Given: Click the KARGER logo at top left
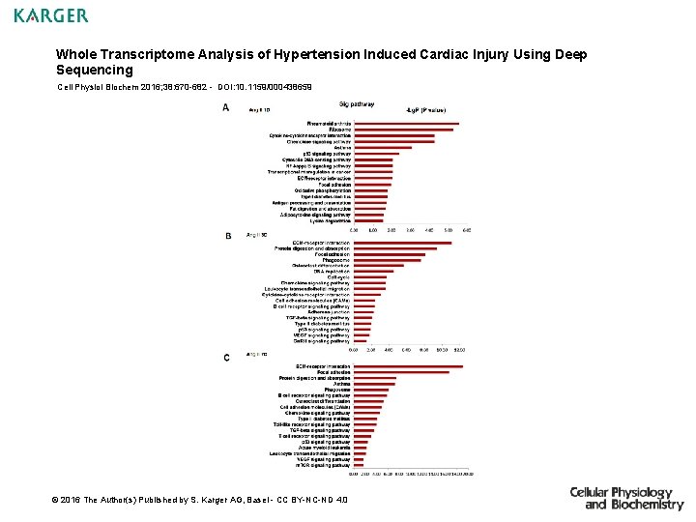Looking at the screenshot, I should pyautogui.click(x=50, y=15).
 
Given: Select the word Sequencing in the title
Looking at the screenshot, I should pyautogui.click(x=95, y=71).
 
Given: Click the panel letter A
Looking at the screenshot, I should pyautogui.click(x=226, y=108).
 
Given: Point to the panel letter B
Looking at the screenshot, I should pyautogui.click(x=228, y=236).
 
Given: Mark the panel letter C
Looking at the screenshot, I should pyautogui.click(x=226, y=359).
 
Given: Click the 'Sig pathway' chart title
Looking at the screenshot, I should pyautogui.click(x=357, y=104).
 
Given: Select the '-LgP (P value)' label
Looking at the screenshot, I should pyautogui.click(x=426, y=111).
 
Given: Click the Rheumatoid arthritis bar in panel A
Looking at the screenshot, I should pyautogui.click(x=406, y=124).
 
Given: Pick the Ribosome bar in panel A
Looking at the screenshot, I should pyautogui.click(x=403, y=130).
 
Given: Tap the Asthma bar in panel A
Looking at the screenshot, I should pyautogui.click(x=383, y=148).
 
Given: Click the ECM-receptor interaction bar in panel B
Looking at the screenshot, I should pyautogui.click(x=402, y=242).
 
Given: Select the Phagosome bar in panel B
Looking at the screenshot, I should pyautogui.click(x=386, y=260).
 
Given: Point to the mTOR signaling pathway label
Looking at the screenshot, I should pyautogui.click(x=323, y=465).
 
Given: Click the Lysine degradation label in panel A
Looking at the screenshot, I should pyautogui.click(x=330, y=220).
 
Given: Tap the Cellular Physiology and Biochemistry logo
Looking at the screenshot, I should pyautogui.click(x=625, y=498).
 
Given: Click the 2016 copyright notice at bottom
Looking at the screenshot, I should pyautogui.click(x=203, y=499).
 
